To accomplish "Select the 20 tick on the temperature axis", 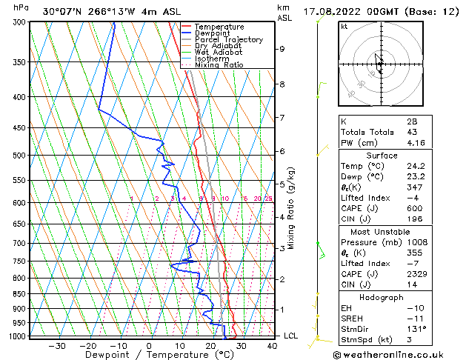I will coord(210,346).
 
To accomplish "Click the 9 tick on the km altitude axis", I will coord(282,49).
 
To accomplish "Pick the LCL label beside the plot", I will coord(291,336).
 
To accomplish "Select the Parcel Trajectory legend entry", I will coord(228,40).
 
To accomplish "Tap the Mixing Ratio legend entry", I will coord(219,65).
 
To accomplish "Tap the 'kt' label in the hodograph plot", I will coord(344,26).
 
